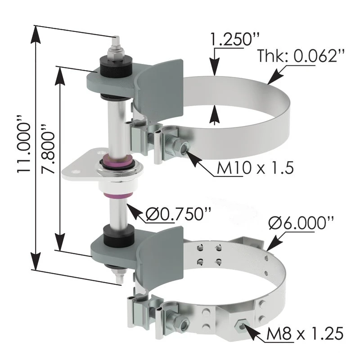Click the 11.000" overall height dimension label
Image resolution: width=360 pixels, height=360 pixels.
pos(24,144)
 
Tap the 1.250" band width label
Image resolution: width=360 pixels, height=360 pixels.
pos(234,39)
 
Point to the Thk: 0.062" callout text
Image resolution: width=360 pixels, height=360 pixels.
pos(301,55)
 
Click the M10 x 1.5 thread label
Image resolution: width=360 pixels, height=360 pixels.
pos(255,168)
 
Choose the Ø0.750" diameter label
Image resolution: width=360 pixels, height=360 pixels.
pos(178,214)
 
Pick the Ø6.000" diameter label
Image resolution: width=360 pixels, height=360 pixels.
pos(301,223)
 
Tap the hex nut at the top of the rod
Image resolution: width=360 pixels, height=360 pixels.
pos(116,54)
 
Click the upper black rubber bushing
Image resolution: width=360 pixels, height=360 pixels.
pos(116,67)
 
